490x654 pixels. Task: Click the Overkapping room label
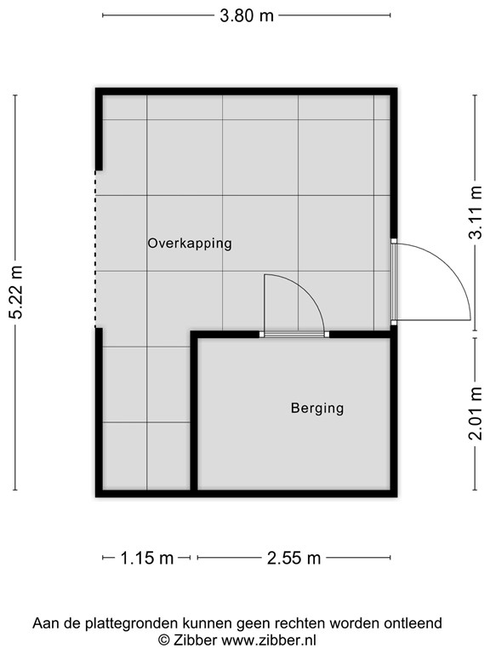(x=189, y=243)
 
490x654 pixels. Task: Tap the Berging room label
(x=316, y=408)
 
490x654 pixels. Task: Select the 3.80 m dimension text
(x=247, y=14)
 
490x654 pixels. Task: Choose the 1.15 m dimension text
(x=146, y=559)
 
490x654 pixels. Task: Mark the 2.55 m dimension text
(x=293, y=559)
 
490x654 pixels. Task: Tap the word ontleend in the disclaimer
(x=414, y=623)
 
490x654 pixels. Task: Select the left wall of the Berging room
(x=195, y=413)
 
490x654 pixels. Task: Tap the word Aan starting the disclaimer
(x=45, y=623)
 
